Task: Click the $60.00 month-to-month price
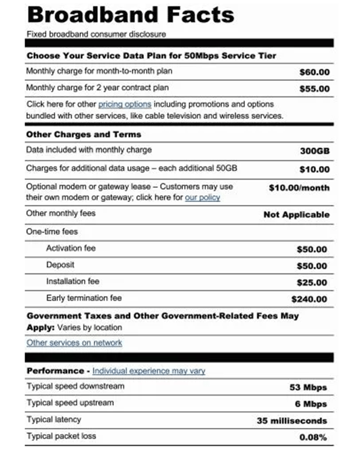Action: pos(314,72)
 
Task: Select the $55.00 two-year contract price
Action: pos(314,89)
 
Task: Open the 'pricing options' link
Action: pos(124,104)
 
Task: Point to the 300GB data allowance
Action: pos(315,151)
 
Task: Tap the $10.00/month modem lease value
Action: pos(299,188)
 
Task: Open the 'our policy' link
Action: pos(203,197)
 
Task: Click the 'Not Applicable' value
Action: pos(296,214)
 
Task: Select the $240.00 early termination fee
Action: pos(309,300)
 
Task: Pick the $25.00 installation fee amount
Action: pos(311,283)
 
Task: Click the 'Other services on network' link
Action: pos(74,343)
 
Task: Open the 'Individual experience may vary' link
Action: pos(148,371)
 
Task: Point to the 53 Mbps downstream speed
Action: pos(308,387)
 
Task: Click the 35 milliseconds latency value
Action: pos(292,421)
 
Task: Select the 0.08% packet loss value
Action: pos(313,437)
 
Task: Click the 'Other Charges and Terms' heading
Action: pos(84,134)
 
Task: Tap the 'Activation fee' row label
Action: pos(71,248)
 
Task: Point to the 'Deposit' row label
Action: pos(60,265)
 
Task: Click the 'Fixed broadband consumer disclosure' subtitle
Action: pos(96,35)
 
